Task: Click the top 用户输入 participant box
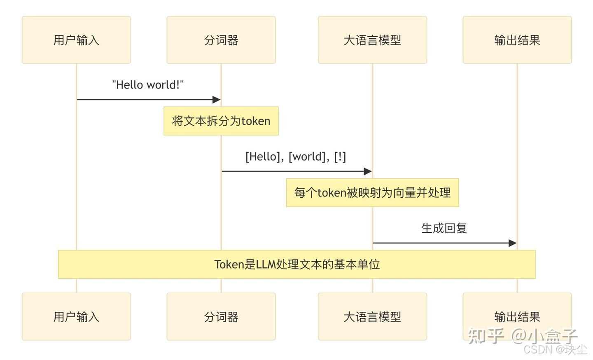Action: pyautogui.click(x=76, y=40)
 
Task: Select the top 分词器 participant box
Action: pyautogui.click(x=221, y=40)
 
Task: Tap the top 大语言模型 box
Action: pyautogui.click(x=372, y=40)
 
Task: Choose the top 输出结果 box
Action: pyautogui.click(x=517, y=40)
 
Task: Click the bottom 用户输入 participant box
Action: pyautogui.click(x=76, y=316)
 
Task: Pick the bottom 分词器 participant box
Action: pyautogui.click(x=221, y=316)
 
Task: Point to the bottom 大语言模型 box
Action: pyautogui.click(x=372, y=316)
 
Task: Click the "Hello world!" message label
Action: pyautogui.click(x=148, y=85)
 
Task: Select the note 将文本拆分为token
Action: pyautogui.click(x=221, y=121)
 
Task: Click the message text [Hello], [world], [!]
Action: pyautogui.click(x=296, y=157)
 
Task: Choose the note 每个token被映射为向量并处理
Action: pyautogui.click(x=372, y=193)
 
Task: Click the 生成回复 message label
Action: pyautogui.click(x=444, y=228)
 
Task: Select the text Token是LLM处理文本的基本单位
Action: pyautogui.click(x=296, y=264)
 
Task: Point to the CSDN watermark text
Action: pyautogui.click(x=555, y=350)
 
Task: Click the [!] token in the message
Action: pyautogui.click(x=340, y=157)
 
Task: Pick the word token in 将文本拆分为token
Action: pyautogui.click(x=256, y=121)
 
